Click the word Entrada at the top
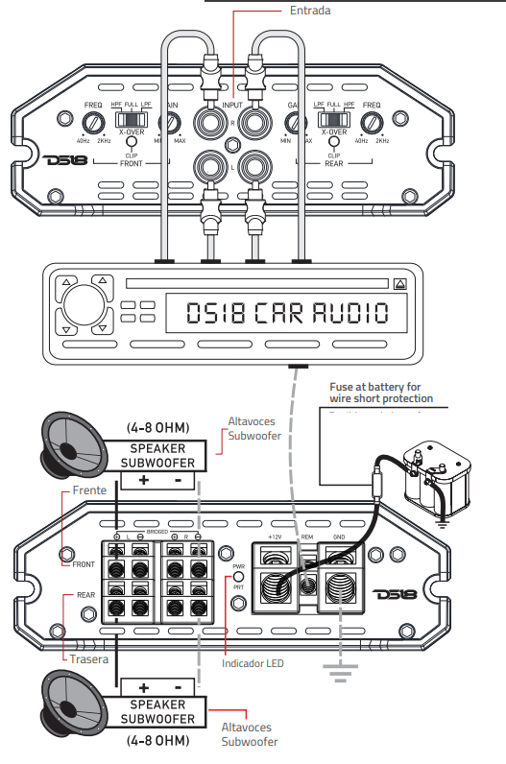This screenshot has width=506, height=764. (310, 11)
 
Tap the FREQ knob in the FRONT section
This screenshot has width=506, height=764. (93, 122)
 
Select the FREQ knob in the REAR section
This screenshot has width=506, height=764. (372, 122)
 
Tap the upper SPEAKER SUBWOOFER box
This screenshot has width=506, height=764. (157, 454)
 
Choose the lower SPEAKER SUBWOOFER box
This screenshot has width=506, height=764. (157, 712)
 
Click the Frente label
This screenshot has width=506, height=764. (89, 490)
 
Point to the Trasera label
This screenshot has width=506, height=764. (88, 659)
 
